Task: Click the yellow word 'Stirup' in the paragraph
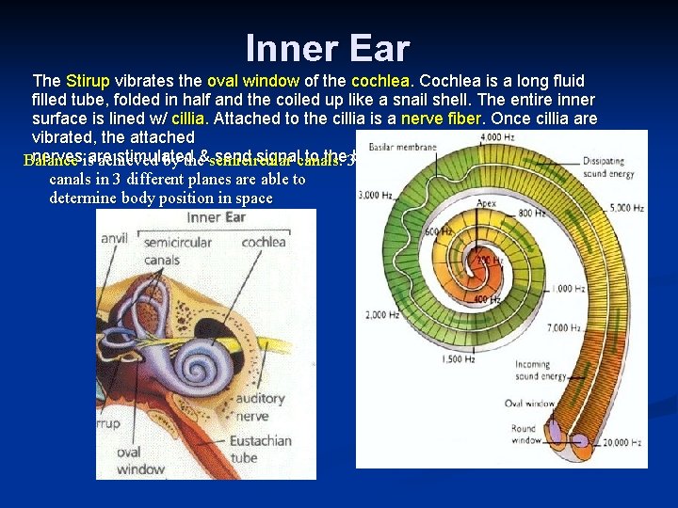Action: pos(89,81)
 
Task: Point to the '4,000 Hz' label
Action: pos(495,138)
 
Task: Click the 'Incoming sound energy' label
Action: pos(540,371)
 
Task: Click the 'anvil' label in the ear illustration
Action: pos(115,239)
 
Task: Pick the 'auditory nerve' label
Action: pos(260,407)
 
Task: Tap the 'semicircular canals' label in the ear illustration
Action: pos(178,250)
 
